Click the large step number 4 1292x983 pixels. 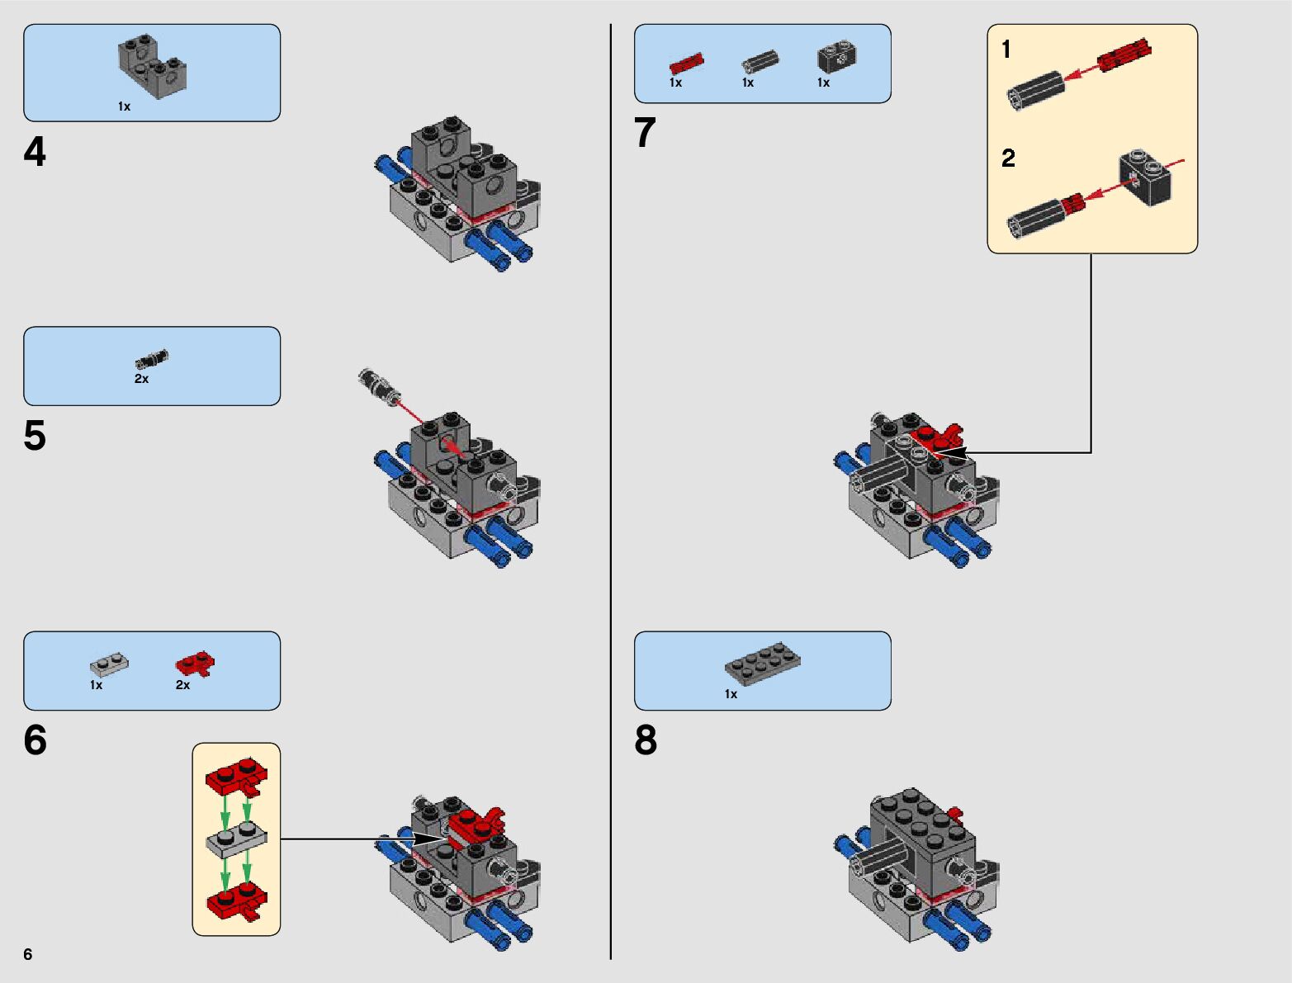pos(35,152)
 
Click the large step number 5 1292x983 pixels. pos(35,436)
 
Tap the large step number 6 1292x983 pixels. pos(35,740)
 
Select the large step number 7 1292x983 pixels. pos(645,132)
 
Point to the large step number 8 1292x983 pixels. pos(646,740)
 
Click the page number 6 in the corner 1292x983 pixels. pos(28,953)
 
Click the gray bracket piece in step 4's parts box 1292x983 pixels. pos(153,67)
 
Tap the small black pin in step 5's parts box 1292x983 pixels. pos(151,358)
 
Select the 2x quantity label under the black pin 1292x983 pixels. pos(141,379)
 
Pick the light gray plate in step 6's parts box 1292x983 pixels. pos(110,664)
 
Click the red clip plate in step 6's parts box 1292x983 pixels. pos(196,664)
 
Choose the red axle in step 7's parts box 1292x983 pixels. pos(686,63)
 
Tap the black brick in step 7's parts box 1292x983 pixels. pos(837,56)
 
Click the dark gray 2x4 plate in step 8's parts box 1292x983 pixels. pos(763,664)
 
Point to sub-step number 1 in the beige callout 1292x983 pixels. pos(1006,50)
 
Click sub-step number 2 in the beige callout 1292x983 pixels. pos(1008,158)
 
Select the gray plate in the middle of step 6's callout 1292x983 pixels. pos(236,841)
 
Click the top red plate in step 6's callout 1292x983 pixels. pos(237,775)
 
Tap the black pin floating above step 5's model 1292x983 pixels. pos(375,384)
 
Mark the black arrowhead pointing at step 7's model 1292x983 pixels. pos(950,452)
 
